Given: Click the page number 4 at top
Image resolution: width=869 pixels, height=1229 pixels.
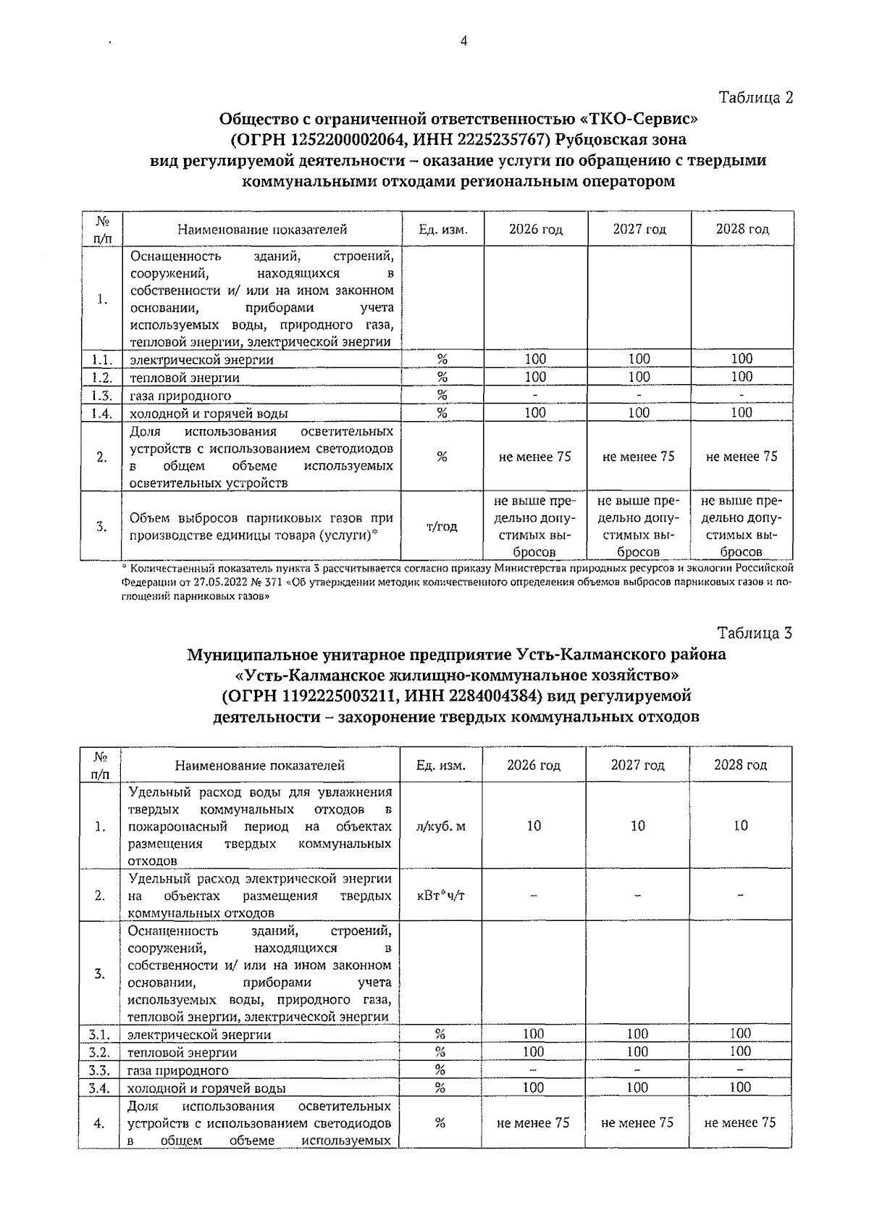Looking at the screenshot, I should pyautogui.click(x=463, y=41).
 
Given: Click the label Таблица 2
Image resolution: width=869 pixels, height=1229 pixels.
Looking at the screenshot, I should pyautogui.click(x=755, y=97).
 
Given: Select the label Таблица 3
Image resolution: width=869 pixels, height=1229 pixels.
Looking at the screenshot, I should pyautogui.click(x=755, y=633).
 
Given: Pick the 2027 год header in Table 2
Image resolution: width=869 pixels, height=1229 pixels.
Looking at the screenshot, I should pyautogui.click(x=639, y=229).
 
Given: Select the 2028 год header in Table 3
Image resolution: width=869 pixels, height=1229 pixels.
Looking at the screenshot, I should pyautogui.click(x=740, y=765).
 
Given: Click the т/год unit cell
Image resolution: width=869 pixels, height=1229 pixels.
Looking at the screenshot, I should pyautogui.click(x=442, y=526).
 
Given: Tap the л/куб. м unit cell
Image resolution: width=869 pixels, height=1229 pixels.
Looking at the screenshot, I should pyautogui.click(x=441, y=826).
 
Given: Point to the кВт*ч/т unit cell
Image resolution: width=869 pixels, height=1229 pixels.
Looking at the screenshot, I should pyautogui.click(x=441, y=895).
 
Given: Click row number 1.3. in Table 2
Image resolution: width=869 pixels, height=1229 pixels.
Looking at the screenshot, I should pyautogui.click(x=101, y=395).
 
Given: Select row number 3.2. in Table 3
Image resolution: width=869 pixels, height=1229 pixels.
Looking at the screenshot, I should pyautogui.click(x=99, y=1051).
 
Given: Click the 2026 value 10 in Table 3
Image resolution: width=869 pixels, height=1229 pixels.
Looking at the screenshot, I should pyautogui.click(x=534, y=826).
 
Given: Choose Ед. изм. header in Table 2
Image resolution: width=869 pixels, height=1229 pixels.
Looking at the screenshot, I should pyautogui.click(x=442, y=229).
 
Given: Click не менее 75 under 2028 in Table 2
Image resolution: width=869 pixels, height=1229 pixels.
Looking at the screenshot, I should pyautogui.click(x=742, y=457).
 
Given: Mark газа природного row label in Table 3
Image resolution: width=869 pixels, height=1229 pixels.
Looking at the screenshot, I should pyautogui.click(x=178, y=1070).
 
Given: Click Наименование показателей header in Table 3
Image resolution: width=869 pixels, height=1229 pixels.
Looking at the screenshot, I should pyautogui.click(x=260, y=765).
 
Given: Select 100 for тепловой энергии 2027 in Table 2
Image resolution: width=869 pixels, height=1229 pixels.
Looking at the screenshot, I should pyautogui.click(x=639, y=377).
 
